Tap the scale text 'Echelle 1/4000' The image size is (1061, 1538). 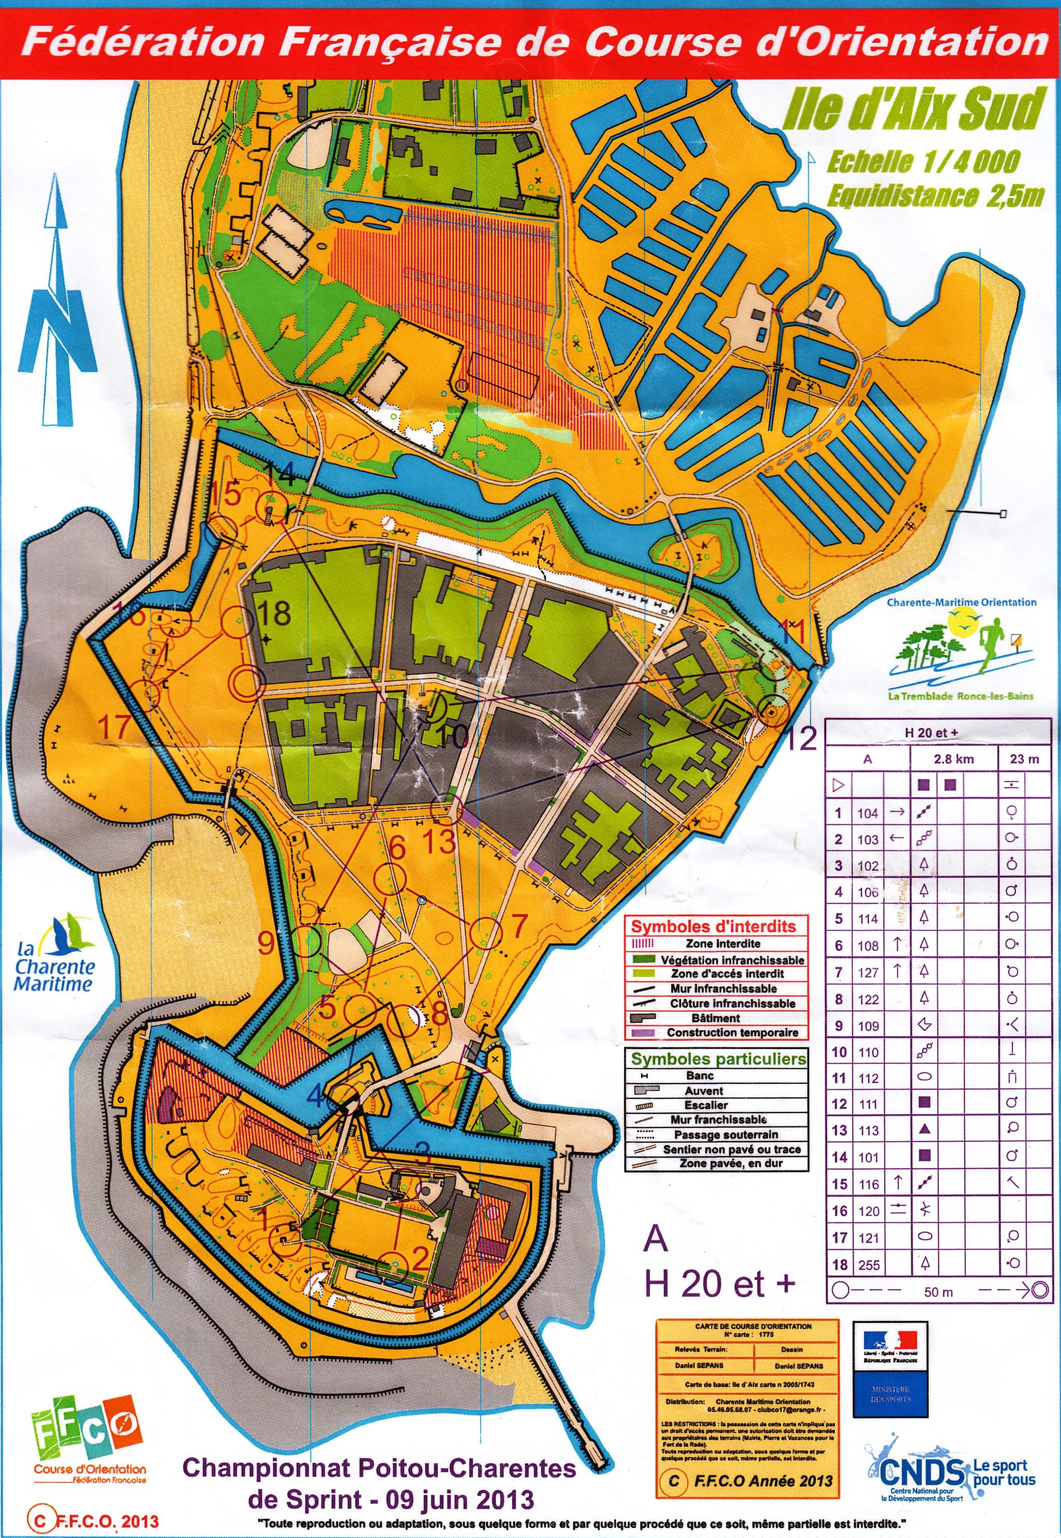pos(923,161)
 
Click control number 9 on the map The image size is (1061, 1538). pos(266,943)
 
